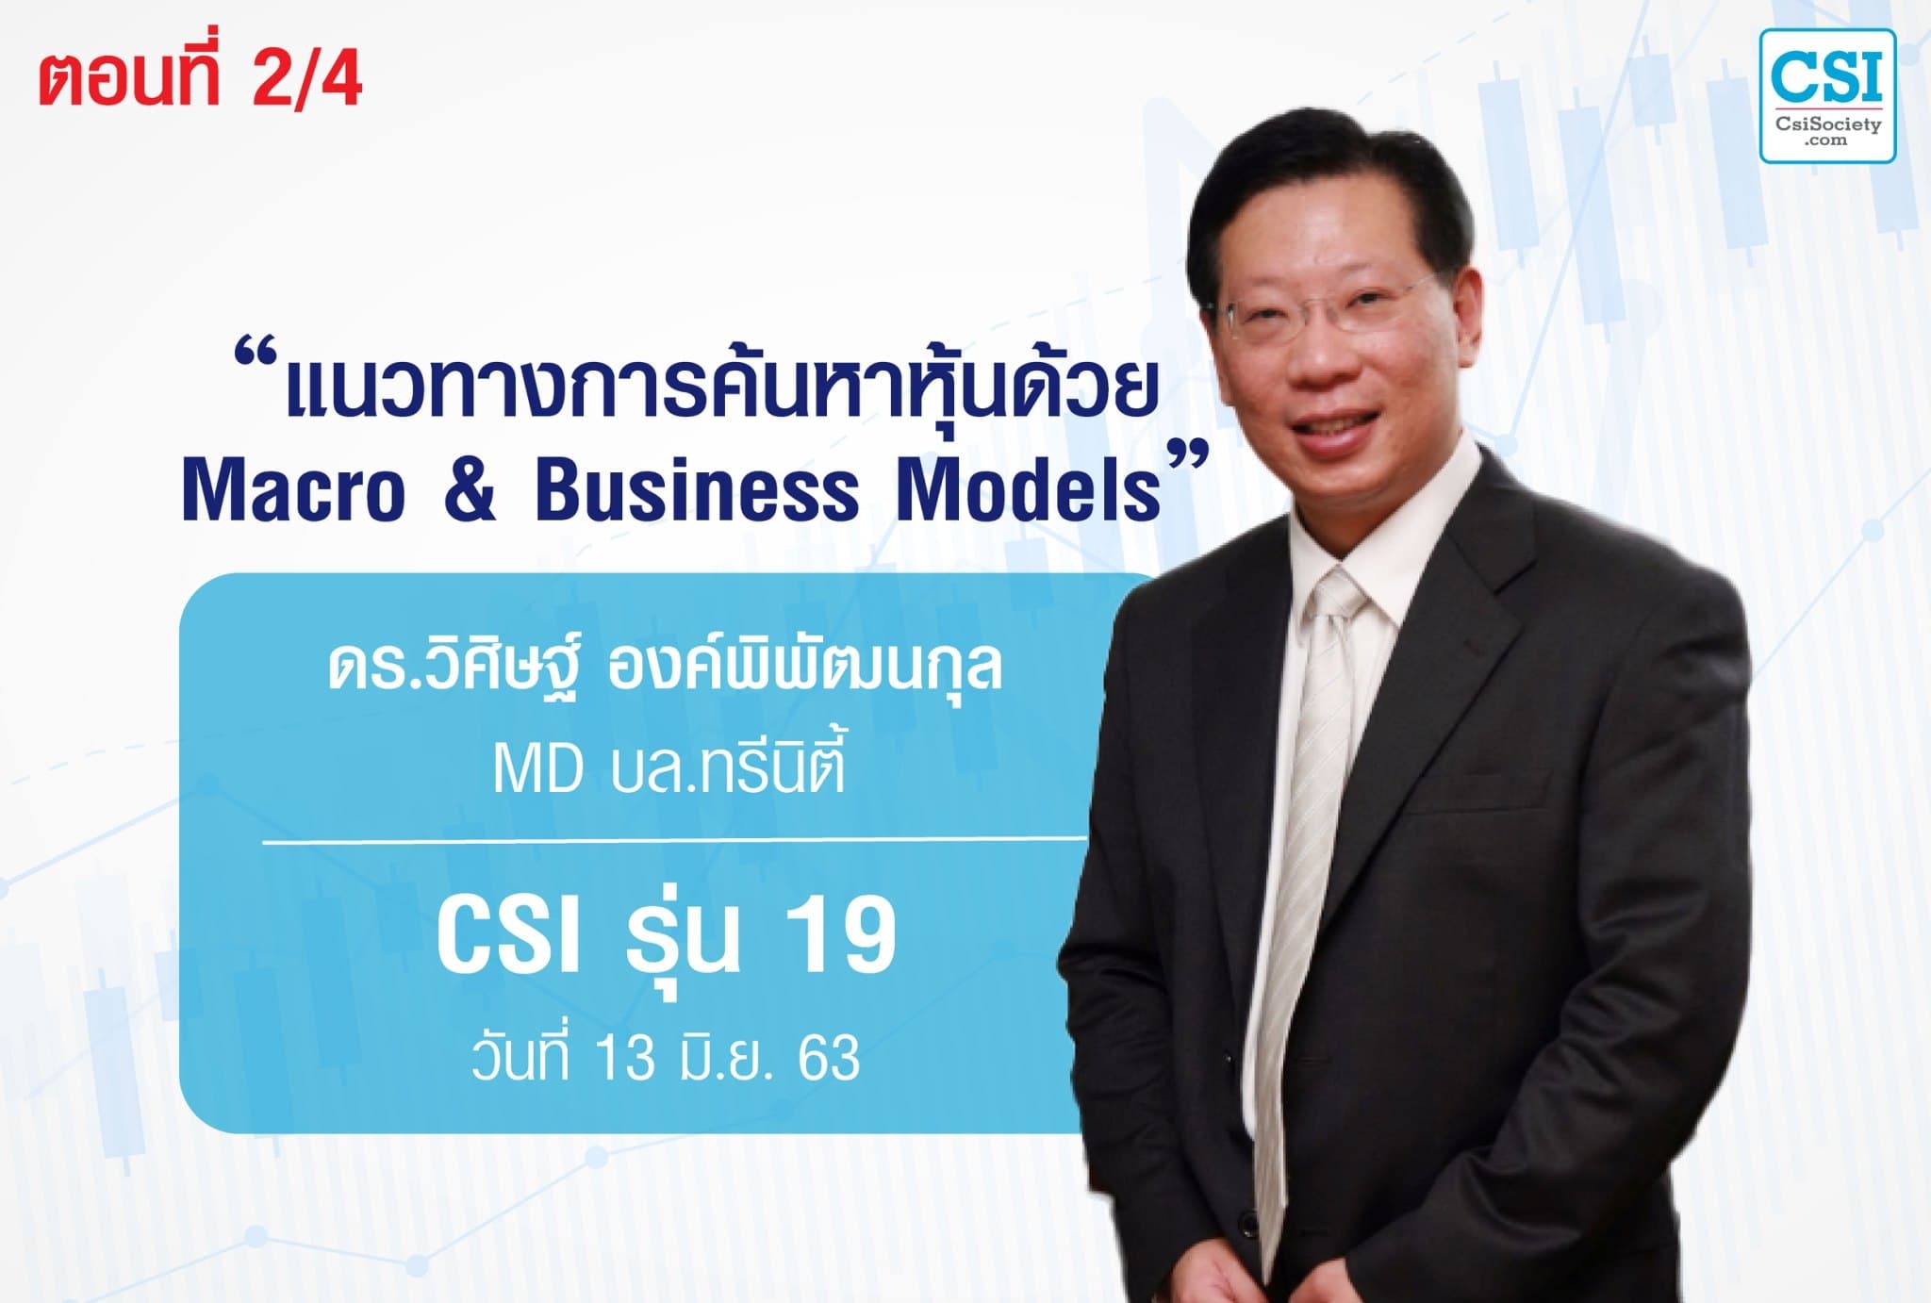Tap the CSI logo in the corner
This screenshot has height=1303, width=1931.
click(1826, 95)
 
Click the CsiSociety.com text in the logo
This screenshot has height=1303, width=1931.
click(1827, 130)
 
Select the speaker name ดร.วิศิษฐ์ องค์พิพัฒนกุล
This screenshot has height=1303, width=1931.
click(665, 670)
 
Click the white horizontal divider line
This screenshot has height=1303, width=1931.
click(674, 838)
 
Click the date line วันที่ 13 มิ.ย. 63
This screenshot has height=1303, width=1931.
click(666, 1058)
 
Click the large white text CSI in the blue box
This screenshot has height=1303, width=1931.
click(507, 936)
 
